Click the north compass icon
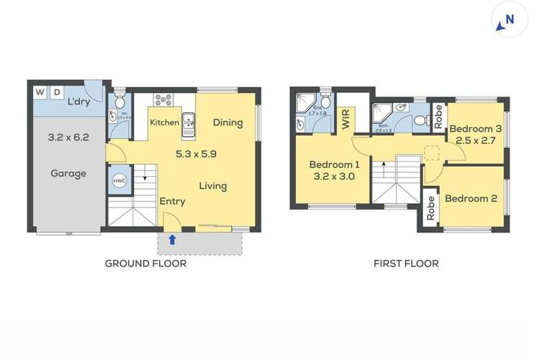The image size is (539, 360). click(x=507, y=22)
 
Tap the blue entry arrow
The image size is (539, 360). click(x=171, y=239)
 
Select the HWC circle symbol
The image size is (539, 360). click(x=117, y=181)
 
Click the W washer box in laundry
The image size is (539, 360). click(x=40, y=92)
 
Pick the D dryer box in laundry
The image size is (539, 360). click(x=56, y=92)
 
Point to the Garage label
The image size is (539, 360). click(x=68, y=174)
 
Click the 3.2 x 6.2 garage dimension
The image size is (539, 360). click(x=68, y=137)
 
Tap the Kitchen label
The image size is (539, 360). click(x=164, y=122)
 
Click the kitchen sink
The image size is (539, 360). click(x=189, y=124)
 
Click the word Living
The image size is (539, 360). click(x=213, y=186)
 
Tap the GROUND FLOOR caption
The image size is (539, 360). click(x=145, y=264)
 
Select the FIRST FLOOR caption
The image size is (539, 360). click(x=406, y=264)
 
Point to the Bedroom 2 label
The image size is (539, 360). click(x=471, y=199)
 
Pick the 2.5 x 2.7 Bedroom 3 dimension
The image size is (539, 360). click(x=472, y=140)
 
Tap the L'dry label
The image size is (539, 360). click(x=78, y=102)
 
